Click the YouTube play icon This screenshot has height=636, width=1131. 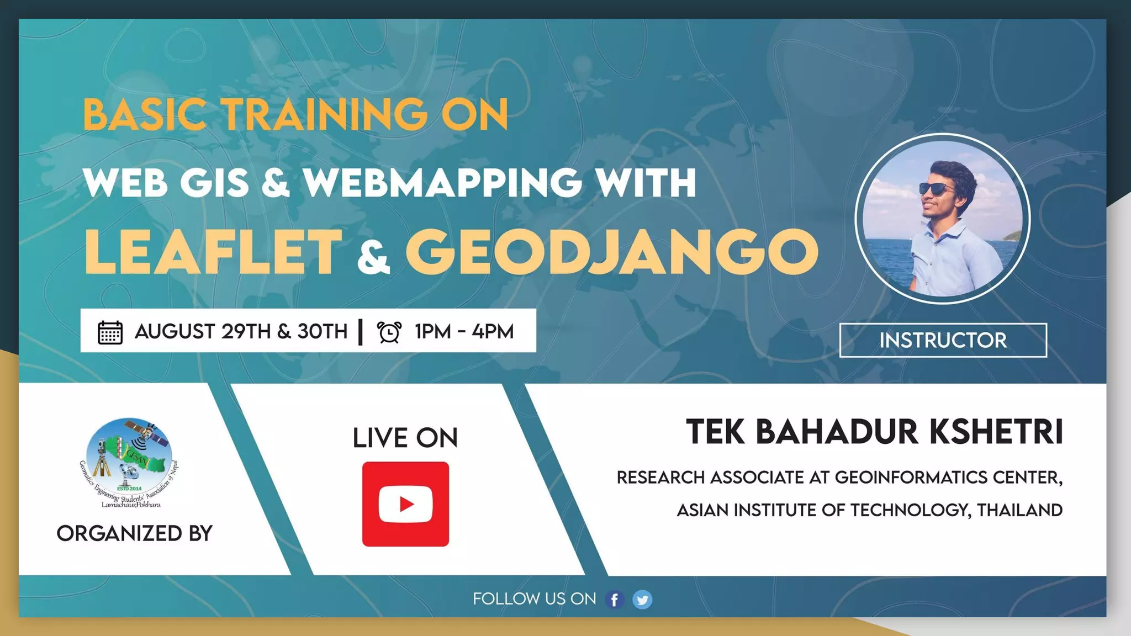pos(405,504)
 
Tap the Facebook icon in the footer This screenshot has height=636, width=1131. pos(615,600)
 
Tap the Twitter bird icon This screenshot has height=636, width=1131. pos(642,600)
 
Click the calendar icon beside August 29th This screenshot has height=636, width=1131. pos(110,332)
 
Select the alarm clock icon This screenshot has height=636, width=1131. pos(389,332)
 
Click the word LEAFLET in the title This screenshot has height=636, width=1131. pos(213,252)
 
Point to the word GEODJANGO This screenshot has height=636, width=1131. pos(611,252)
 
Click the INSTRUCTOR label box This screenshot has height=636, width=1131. pos(943,340)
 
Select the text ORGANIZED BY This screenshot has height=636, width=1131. pos(134,533)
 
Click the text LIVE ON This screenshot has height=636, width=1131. pos(405,438)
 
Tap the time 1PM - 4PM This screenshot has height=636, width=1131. pos(464,331)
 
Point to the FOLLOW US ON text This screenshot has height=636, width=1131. pos(534,599)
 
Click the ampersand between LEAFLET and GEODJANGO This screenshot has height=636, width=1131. pos(373,258)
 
